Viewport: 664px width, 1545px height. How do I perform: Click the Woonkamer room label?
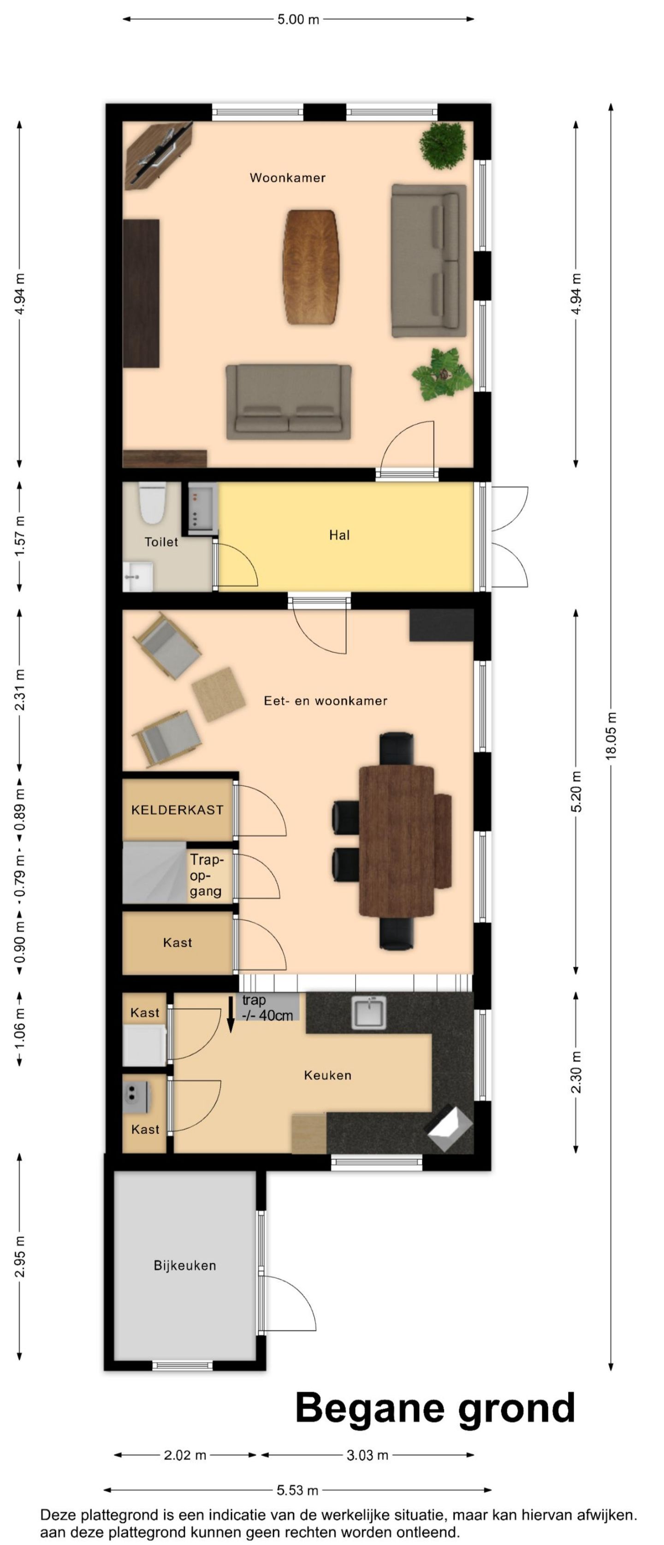pos(288,178)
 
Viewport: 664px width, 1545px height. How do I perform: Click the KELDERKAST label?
pos(178,810)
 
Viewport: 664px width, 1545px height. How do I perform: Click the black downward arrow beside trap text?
pos(231,1014)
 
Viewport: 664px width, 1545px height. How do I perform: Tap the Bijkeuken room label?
pos(184,1265)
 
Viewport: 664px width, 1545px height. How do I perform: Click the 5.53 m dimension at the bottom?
pos(297,1489)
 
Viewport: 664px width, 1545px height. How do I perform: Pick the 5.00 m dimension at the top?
pos(298,19)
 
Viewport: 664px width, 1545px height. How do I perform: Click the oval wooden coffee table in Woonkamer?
pos(310,267)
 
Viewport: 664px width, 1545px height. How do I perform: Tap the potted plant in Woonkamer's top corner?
pos(443,145)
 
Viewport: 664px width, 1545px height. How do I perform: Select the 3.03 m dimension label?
pos(368,1455)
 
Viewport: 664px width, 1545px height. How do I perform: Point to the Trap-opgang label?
pos(206,876)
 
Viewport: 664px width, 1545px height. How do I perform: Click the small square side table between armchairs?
pos(219,694)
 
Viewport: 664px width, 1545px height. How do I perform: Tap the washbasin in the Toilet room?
pos(138,576)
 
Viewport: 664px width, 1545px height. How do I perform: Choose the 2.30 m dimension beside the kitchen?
pos(576,1072)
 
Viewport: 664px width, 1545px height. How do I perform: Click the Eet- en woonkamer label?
pos(326,700)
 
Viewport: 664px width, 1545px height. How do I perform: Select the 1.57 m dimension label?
pos(20,536)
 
